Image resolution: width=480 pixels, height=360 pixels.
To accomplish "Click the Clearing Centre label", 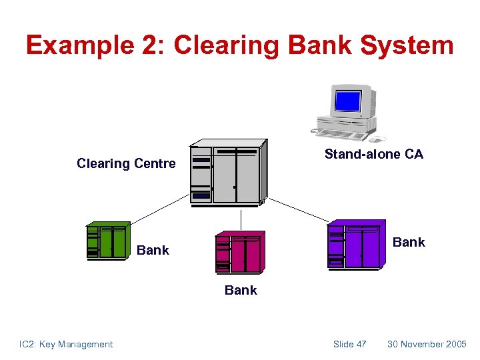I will (126, 163).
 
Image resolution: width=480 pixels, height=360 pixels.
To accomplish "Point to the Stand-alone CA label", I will (373, 154).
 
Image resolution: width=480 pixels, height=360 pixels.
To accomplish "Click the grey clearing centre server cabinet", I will (228, 173).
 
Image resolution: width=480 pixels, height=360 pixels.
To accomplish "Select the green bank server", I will (107, 240).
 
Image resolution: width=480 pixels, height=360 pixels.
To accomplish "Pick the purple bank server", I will (355, 245).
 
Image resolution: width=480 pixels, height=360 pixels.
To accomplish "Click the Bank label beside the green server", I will (153, 250).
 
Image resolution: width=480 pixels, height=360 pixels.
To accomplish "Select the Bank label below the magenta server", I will (241, 290).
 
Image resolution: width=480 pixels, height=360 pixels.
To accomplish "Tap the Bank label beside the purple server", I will (409, 242).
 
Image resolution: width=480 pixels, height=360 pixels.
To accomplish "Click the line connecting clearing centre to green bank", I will (160, 209).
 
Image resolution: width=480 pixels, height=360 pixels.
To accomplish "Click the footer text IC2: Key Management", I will (65, 344).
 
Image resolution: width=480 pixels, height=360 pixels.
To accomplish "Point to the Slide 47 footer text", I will (349, 344).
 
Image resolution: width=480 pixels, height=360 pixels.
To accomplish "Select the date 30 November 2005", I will (427, 344).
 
